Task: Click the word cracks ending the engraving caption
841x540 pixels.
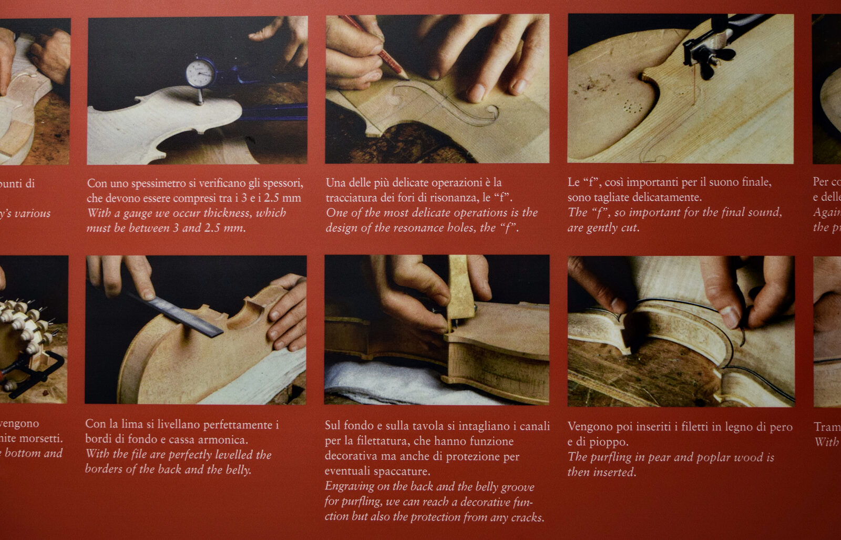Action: [x=527, y=517]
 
